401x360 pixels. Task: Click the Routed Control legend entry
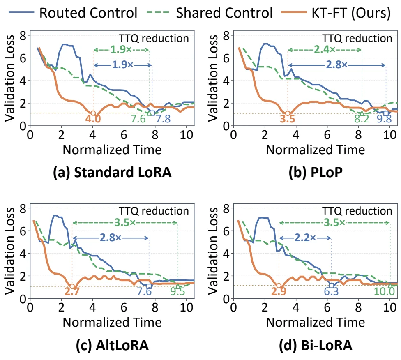73,13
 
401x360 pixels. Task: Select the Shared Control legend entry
210,13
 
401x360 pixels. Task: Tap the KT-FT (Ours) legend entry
336,13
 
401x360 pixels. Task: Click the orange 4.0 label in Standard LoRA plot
93,119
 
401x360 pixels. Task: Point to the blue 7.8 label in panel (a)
163,119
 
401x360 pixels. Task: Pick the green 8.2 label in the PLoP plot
362,119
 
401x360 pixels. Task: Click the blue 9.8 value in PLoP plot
385,119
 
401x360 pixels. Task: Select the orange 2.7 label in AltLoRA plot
71,292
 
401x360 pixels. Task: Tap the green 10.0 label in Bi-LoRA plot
385,292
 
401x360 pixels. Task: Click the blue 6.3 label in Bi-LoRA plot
331,292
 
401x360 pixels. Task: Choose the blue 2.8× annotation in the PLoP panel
336,65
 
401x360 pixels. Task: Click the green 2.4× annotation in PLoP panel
325,50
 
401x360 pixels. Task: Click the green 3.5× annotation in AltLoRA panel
125,223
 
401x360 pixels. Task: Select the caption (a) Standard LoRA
112,173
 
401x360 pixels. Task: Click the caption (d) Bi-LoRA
316,346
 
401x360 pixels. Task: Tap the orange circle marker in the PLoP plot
288,113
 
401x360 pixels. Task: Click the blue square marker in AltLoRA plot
149,286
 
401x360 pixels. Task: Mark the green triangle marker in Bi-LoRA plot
390,285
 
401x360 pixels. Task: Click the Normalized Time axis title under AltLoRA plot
112,322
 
